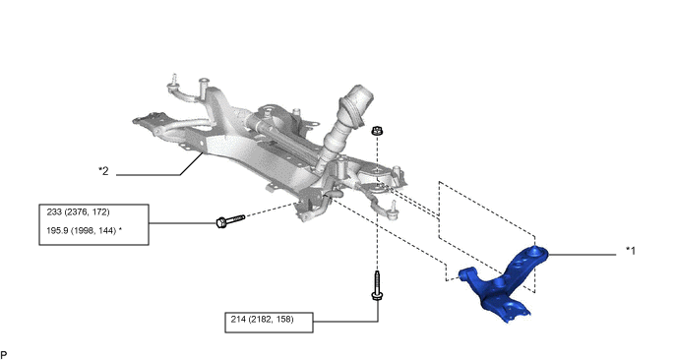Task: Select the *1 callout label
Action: click(631, 251)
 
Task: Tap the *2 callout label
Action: click(103, 171)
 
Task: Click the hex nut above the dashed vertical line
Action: click(377, 130)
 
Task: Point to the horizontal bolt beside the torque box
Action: click(230, 221)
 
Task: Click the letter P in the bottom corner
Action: click(4, 355)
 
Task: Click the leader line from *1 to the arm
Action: click(583, 255)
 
